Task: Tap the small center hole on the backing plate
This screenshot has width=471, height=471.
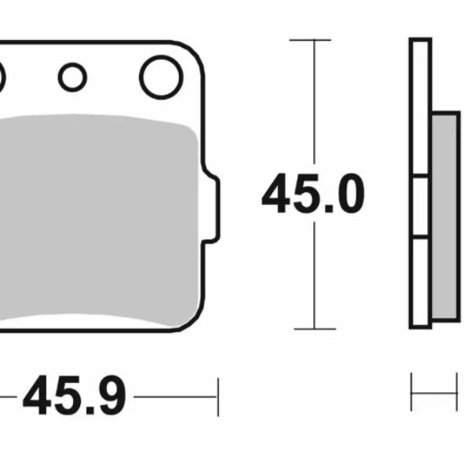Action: [x=72, y=76]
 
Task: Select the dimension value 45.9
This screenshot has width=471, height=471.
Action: [x=74, y=398]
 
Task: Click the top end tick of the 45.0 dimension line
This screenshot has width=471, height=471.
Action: [x=314, y=39]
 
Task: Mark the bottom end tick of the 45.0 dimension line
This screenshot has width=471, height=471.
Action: [x=314, y=328]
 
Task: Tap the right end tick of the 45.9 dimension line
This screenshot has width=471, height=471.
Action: [x=217, y=398]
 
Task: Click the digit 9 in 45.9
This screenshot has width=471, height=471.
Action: [x=111, y=398]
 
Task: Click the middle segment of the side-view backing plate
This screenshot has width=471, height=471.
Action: [x=421, y=207]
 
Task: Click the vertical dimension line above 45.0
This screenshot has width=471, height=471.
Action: [x=314, y=102]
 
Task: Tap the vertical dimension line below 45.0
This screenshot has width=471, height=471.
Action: [x=314, y=275]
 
